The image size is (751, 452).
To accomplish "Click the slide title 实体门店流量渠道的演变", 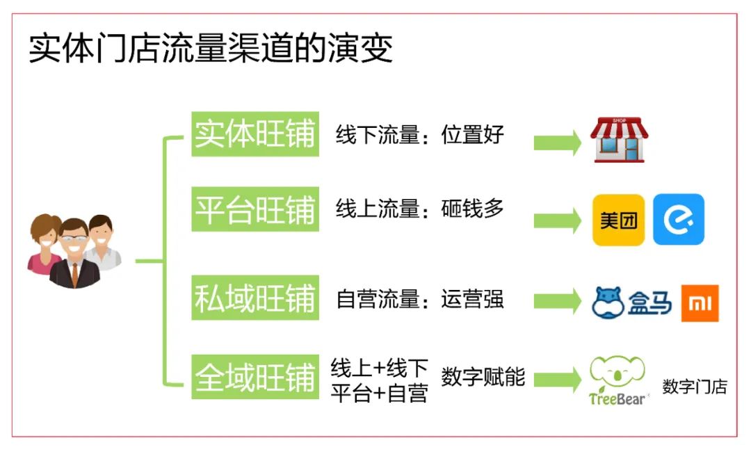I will (x=211, y=50).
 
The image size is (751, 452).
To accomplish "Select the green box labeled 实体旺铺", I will (x=255, y=134).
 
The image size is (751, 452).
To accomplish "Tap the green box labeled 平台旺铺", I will (x=255, y=209).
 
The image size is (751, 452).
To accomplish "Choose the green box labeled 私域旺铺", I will (x=255, y=298).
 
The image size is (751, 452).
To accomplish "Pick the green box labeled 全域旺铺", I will (x=255, y=377).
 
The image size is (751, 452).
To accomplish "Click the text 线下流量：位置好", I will (x=419, y=134).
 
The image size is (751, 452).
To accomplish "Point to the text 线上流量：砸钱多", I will (x=419, y=209).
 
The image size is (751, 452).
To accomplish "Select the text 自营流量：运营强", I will (x=419, y=299).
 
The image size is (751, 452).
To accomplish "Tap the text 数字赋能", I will (x=483, y=377).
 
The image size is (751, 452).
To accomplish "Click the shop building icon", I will (x=619, y=140).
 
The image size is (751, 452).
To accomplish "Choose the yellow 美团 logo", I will (x=618, y=220).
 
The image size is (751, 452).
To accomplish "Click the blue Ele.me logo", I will (x=678, y=220).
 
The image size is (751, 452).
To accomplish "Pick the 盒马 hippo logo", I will (x=631, y=302).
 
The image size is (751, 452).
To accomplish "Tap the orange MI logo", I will (x=700, y=303).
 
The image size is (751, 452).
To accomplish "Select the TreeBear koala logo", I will (x=617, y=380).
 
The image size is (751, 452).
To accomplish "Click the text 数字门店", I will (x=694, y=387).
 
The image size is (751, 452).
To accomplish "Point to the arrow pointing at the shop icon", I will (x=557, y=142).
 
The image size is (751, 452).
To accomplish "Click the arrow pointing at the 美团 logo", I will (x=557, y=220).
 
